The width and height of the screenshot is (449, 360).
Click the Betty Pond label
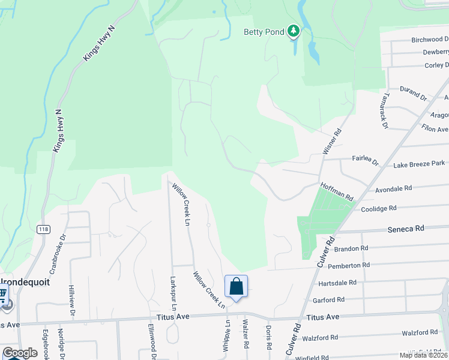[x=264, y=32]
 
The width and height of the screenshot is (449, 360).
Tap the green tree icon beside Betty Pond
[x=293, y=30]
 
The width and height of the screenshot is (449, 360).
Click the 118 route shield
[x=43, y=229]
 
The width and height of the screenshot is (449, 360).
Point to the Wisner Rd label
[x=332, y=142]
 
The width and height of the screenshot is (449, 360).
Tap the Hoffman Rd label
[x=337, y=191]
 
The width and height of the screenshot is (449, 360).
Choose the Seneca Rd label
[x=406, y=229]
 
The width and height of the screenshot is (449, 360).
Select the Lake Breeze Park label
[x=419, y=163]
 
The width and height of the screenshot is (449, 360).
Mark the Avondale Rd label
[x=393, y=188]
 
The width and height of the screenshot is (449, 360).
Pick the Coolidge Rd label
[x=379, y=208]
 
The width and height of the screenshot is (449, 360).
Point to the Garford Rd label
[x=328, y=299]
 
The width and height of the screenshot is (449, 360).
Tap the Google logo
[x=20, y=353]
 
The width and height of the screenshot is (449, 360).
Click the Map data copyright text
[x=424, y=355]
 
